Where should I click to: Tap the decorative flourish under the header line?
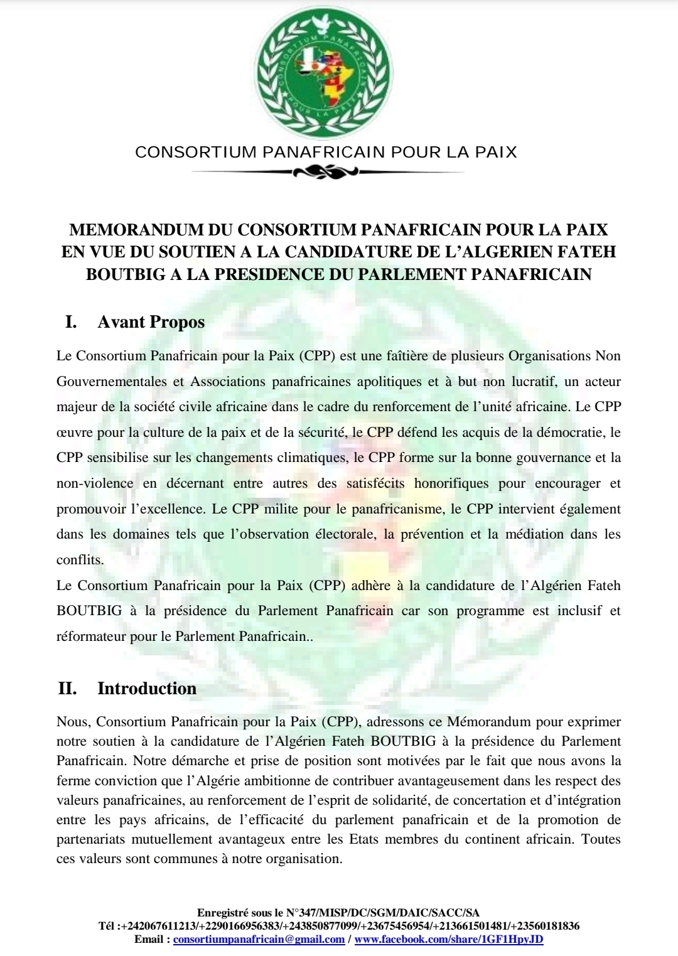pos(325,171)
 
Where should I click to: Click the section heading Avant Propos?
pos(151,322)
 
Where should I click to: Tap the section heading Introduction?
pos(147,689)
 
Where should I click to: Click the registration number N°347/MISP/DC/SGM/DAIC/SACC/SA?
pos(382,913)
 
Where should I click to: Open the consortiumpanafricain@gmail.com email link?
pos(259,940)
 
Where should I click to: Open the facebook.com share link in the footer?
pos(449,940)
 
